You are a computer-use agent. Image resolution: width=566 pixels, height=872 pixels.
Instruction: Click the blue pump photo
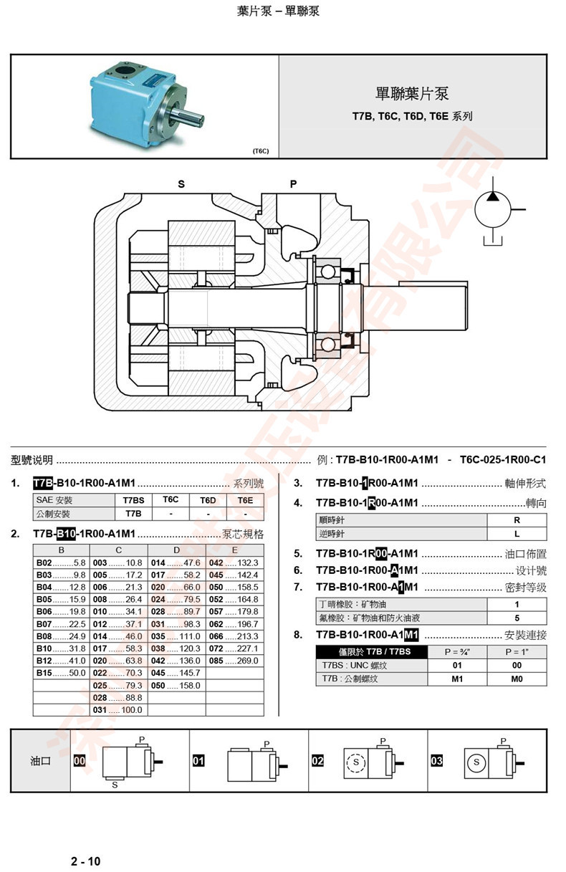143,105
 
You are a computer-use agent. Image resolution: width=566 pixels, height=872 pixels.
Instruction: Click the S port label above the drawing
181,184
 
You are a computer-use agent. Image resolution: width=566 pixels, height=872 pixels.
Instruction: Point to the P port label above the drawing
293,184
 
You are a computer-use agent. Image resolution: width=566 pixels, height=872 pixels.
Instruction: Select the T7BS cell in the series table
133,500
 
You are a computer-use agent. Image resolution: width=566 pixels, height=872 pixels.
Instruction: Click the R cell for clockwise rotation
517,521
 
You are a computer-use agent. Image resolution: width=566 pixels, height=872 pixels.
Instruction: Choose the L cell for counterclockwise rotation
517,534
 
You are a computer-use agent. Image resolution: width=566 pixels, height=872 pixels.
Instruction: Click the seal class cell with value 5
517,618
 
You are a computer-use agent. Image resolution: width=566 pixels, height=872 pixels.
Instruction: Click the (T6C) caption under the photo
260,151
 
